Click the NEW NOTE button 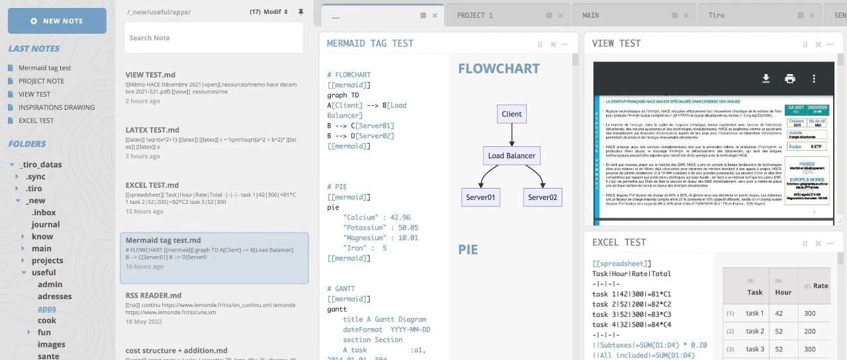[x=57, y=21]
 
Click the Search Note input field [x=213, y=38]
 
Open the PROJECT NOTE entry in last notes [x=41, y=81]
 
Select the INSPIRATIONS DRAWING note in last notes [x=56, y=107]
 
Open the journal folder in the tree [x=46, y=224]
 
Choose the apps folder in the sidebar [x=47, y=308]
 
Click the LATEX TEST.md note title [x=152, y=130]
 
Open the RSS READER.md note [x=154, y=295]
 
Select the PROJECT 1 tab [x=475, y=15]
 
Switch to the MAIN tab [x=591, y=15]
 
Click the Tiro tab [x=716, y=15]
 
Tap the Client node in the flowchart [x=512, y=114]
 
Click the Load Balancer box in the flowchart [x=512, y=156]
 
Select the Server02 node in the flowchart [x=543, y=197]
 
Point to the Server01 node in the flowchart [x=481, y=197]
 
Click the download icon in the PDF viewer [x=766, y=79]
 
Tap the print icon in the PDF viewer [x=789, y=79]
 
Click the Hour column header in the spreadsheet [x=783, y=292]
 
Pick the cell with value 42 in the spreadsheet [x=778, y=314]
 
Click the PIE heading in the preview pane [x=468, y=249]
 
